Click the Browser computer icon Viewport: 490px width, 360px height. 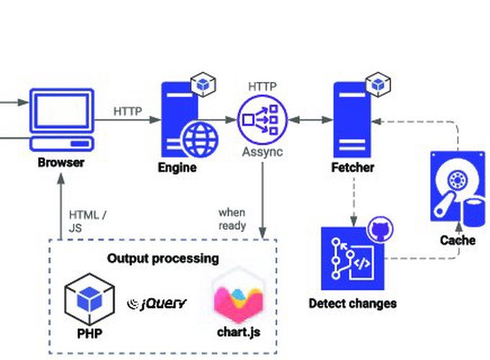62,118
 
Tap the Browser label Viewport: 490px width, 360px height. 61,163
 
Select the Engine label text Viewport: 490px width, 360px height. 177,168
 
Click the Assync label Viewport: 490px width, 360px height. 262,153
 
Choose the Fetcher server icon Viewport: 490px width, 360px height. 351,119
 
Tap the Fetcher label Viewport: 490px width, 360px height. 352,168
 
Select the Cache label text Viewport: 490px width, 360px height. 458,240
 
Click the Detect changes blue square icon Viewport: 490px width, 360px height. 349,257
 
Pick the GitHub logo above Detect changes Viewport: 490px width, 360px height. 380,230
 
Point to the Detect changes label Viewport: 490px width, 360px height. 352,303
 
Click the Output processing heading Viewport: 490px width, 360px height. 163,258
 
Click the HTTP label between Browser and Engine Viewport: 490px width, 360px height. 128,112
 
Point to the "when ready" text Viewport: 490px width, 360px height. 232,219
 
